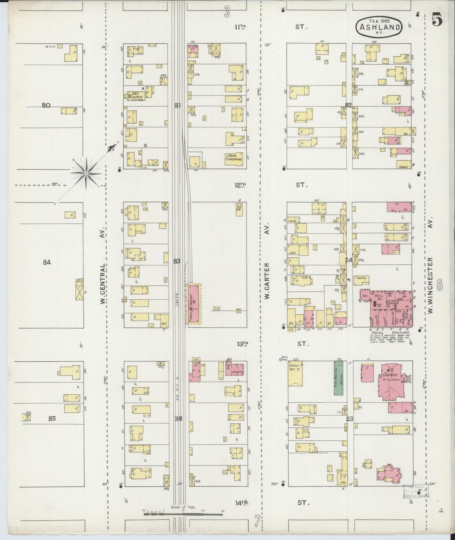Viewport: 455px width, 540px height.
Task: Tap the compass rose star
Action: tap(86, 173)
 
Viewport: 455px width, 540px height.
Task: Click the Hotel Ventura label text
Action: tap(390, 333)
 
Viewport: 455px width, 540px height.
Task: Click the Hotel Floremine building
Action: tap(234, 157)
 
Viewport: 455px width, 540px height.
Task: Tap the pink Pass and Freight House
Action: tap(194, 304)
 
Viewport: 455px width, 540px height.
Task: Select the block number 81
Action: tap(177, 106)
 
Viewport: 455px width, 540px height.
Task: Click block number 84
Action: tap(47, 262)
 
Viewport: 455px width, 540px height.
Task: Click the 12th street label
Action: tap(240, 185)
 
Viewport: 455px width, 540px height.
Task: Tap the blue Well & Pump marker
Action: tap(280, 359)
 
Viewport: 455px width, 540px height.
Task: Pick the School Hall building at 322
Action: tap(295, 375)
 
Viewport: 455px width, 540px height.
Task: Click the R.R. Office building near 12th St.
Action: tap(239, 210)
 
